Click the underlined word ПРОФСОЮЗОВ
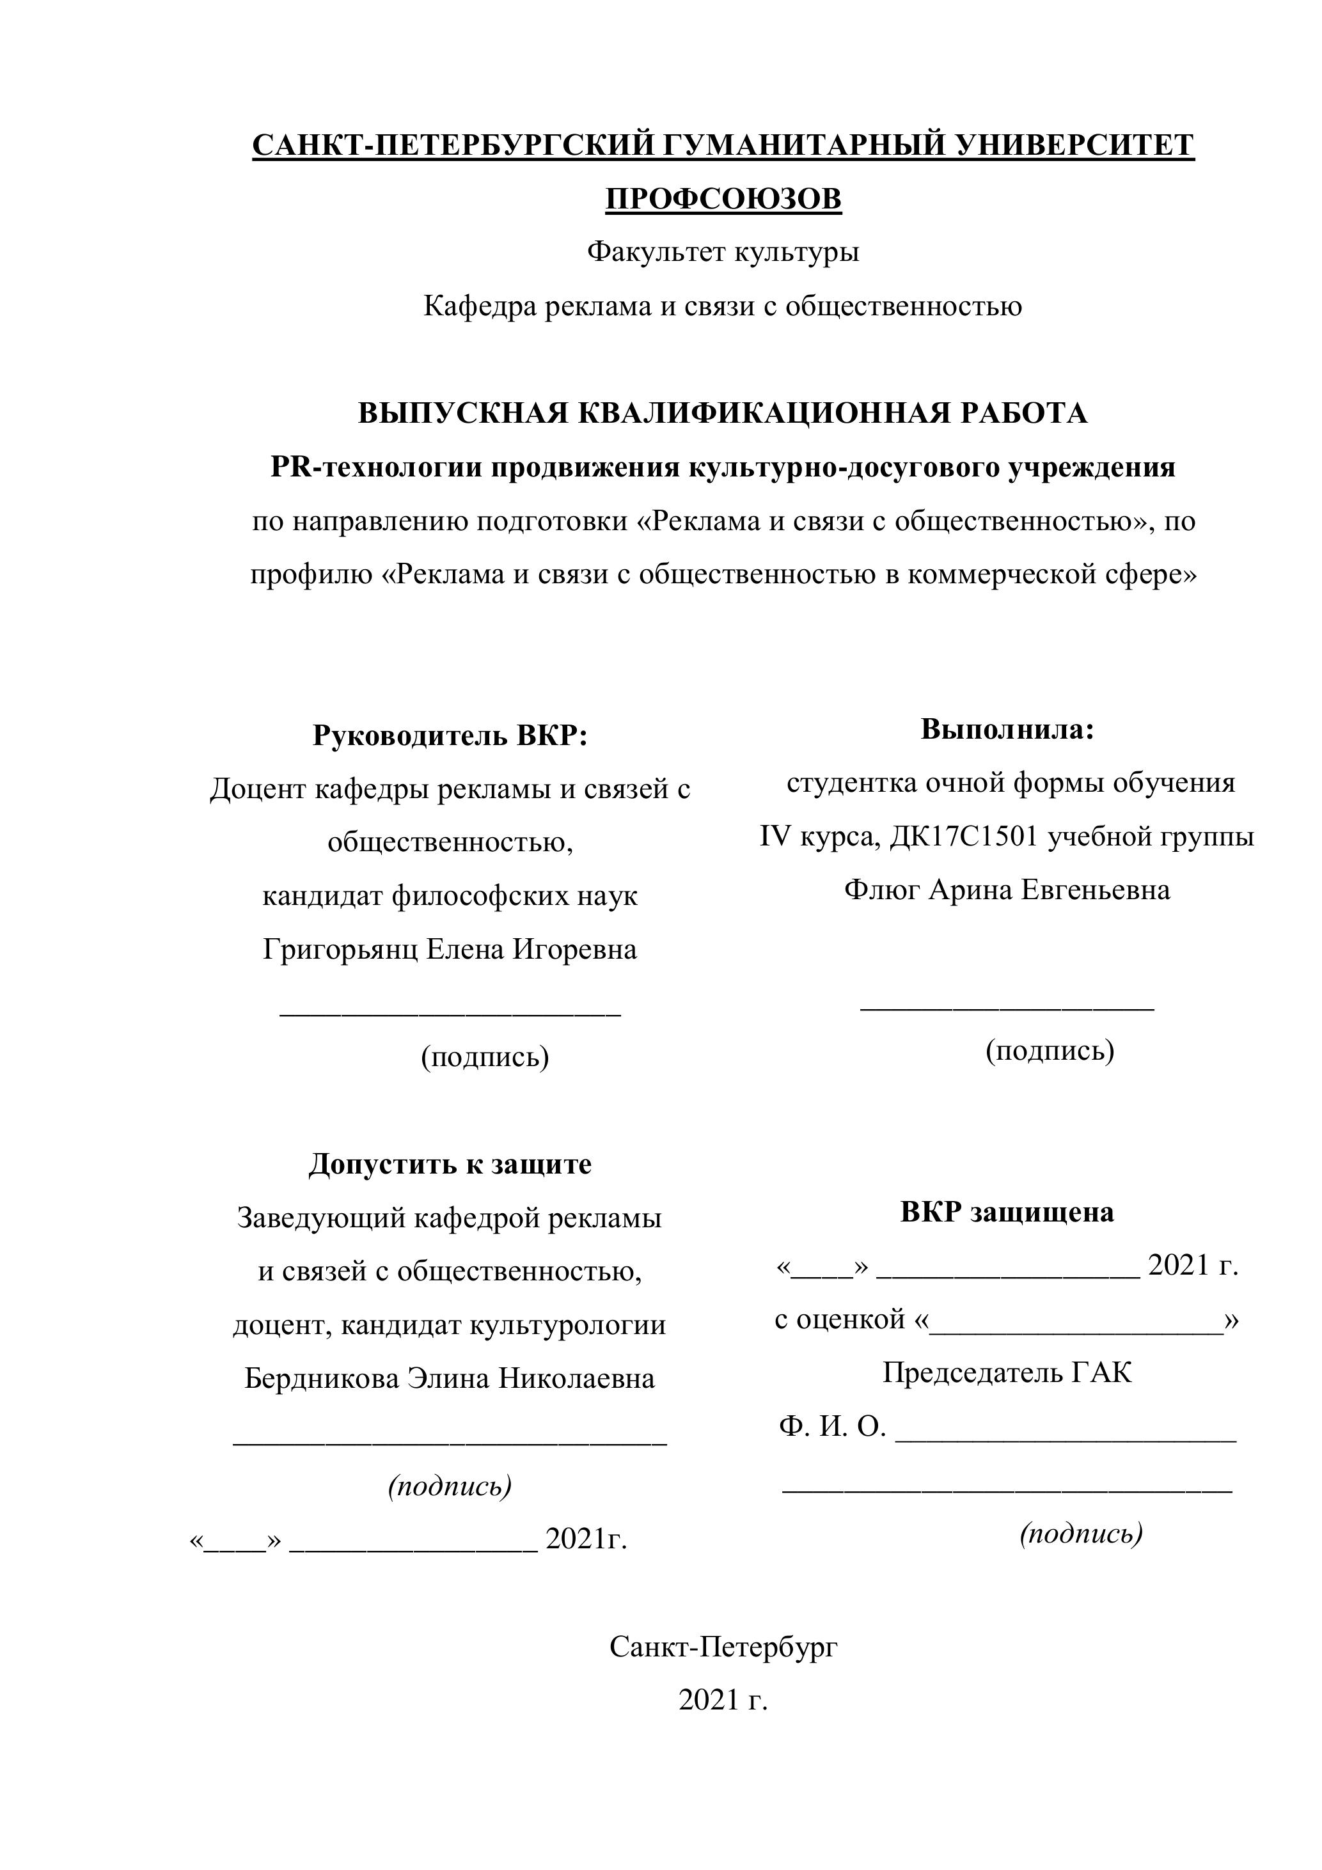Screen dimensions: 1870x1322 click(x=723, y=199)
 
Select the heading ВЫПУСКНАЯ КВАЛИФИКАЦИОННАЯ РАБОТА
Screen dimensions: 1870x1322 click(x=723, y=413)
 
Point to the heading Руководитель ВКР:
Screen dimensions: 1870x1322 click(x=450, y=735)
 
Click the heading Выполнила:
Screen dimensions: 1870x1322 click(x=1007, y=729)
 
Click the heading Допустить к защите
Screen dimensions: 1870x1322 click(x=450, y=1164)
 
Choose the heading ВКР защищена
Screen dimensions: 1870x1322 click(x=1007, y=1212)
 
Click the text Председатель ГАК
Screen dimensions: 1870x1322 click(x=1007, y=1372)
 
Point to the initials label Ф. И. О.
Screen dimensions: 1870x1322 click(x=831, y=1426)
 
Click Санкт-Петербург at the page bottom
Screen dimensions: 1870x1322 click(x=723, y=1647)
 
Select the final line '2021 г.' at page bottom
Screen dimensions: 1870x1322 click(x=723, y=1701)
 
